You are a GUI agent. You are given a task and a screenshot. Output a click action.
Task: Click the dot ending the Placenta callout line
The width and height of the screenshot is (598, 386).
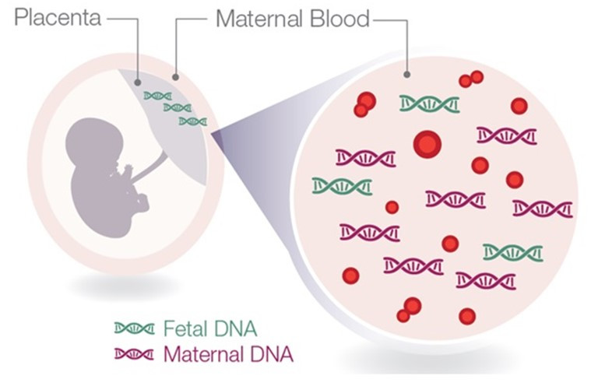pyautogui.click(x=138, y=79)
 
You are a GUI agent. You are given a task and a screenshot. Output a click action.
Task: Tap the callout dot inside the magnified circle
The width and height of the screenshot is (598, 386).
pyautogui.click(x=406, y=75)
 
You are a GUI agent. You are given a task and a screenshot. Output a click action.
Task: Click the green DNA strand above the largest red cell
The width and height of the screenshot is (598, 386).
pyautogui.click(x=429, y=104)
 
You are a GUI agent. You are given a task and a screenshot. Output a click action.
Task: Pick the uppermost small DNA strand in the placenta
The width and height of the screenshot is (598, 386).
pyautogui.click(x=158, y=96)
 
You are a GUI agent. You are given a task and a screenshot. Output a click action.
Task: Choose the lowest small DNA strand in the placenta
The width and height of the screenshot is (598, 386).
pyautogui.click(x=192, y=121)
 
